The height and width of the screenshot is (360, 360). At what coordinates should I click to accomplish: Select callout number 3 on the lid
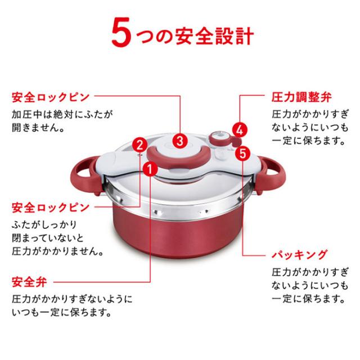pos(180,140)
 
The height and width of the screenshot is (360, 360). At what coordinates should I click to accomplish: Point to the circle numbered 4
pos(238,129)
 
